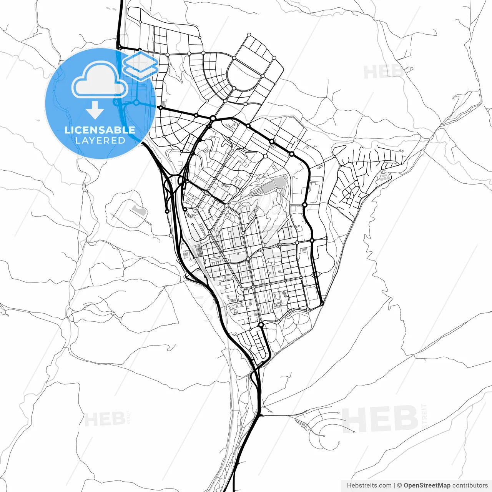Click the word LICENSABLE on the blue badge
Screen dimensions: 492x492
coord(100,130)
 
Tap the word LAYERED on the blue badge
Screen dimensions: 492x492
coord(100,141)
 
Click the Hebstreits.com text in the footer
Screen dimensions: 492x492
coord(369,485)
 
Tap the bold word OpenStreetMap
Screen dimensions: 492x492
coord(427,485)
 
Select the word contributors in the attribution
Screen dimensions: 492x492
coord(470,485)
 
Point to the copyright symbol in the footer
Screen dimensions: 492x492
coord(399,485)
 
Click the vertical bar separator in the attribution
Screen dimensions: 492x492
coord(394,485)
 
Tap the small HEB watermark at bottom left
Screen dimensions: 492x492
coord(104,419)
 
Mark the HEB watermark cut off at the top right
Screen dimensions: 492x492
coord(383,72)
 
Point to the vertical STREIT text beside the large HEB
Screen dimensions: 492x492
coord(424,416)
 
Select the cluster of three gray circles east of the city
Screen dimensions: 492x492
coord(384,178)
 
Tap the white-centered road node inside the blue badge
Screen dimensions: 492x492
coord(136,103)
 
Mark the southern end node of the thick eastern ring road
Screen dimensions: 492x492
coord(322,304)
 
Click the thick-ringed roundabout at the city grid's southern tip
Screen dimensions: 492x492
coord(261,325)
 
